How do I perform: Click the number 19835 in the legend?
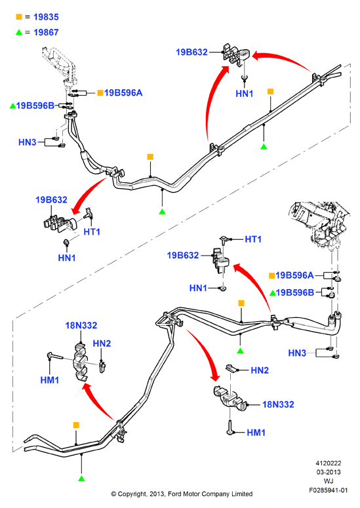point(46,17)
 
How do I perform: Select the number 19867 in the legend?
point(46,32)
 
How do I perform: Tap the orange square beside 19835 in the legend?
point(19,16)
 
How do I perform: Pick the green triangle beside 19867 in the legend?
point(19,32)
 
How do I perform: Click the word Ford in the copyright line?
point(175,494)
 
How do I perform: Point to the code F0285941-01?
point(329,490)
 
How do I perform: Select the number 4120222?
point(329,463)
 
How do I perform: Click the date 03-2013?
point(329,472)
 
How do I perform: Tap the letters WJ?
point(329,481)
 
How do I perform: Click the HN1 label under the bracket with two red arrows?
point(245,94)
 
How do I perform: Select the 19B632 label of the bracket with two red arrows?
point(191,52)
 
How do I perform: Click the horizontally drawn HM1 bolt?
point(56,356)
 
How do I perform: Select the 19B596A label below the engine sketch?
point(294,275)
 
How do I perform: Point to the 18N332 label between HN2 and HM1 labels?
point(278,404)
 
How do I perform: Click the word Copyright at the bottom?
point(132,494)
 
